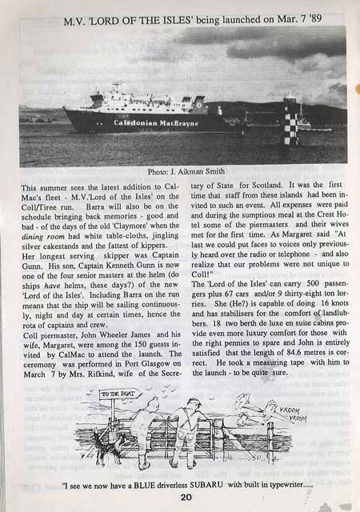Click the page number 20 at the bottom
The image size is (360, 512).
click(185, 496)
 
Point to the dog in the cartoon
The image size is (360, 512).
click(105, 452)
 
